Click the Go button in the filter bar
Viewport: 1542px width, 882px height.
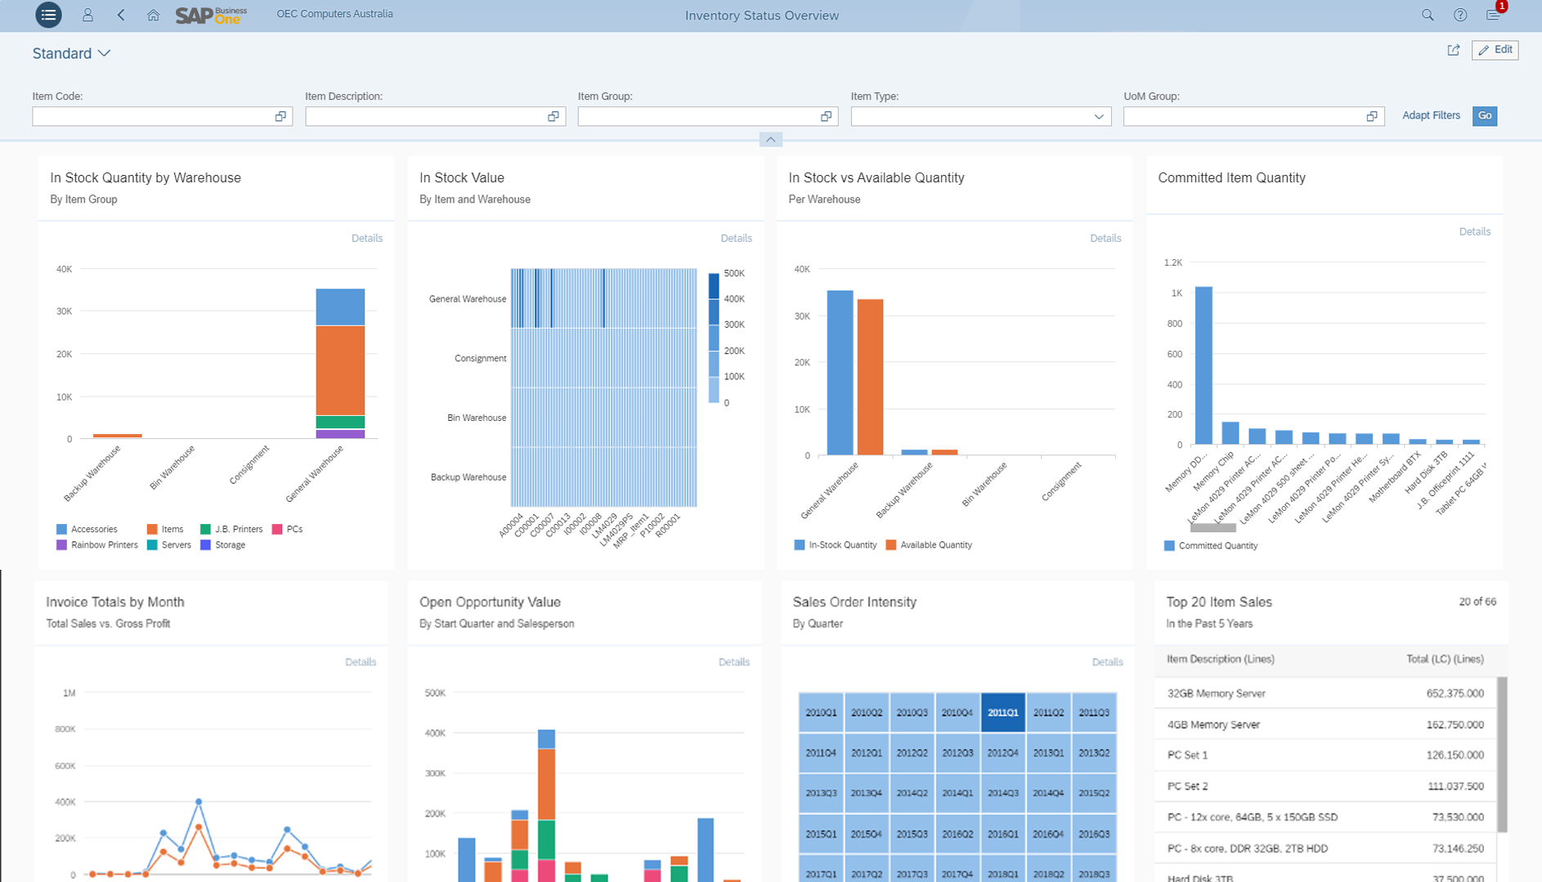point(1484,116)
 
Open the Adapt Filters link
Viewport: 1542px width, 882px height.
point(1430,115)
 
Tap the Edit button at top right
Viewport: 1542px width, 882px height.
point(1495,50)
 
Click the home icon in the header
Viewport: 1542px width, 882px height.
point(153,15)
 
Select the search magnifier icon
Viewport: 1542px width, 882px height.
point(1428,15)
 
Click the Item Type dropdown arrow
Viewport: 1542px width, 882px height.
point(1098,117)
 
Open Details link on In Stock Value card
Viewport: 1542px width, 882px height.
point(736,238)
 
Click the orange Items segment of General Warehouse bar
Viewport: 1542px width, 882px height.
point(340,369)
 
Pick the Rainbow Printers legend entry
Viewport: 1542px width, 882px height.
point(104,545)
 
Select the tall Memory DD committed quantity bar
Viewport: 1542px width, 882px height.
point(1204,365)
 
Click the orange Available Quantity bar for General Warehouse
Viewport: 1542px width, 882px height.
point(870,376)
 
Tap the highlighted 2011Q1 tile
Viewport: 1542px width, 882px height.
point(1002,713)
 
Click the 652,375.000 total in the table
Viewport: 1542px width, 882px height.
point(1455,693)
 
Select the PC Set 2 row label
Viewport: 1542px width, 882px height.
point(1187,786)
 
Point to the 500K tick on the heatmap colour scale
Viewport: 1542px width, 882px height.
point(734,274)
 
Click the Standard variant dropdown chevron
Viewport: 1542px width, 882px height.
point(104,54)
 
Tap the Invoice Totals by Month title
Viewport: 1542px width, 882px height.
point(115,602)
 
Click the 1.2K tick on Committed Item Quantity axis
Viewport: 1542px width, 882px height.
point(1172,262)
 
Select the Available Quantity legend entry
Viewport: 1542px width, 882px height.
point(935,545)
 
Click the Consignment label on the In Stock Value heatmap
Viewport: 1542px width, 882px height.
point(480,359)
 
